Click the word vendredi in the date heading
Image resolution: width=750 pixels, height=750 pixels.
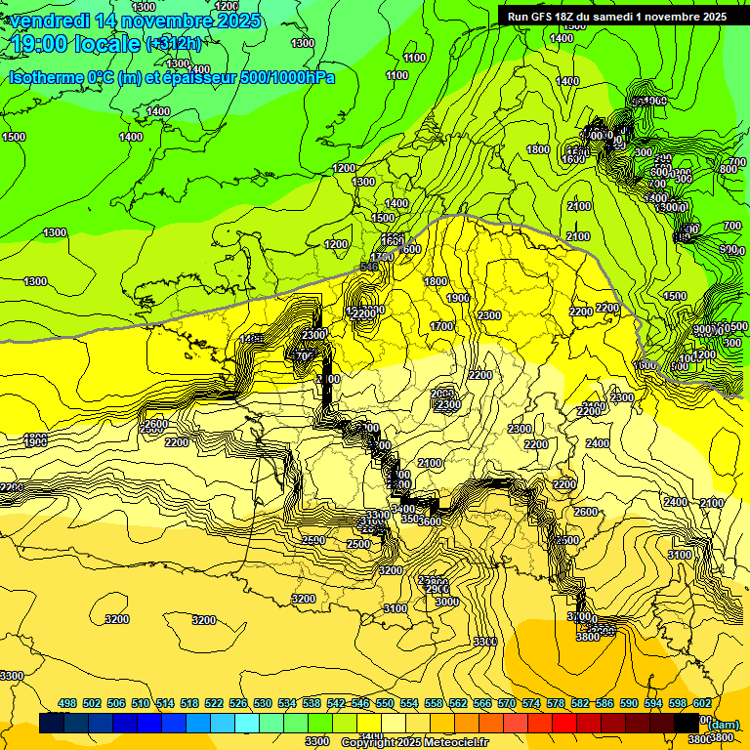coord(50,21)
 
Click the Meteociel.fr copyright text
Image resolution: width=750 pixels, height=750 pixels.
coord(444,743)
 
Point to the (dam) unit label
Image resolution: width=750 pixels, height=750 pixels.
coord(723,724)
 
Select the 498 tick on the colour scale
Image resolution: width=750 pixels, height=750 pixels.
coord(67,703)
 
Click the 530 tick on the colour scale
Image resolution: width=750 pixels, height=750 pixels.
coord(263,703)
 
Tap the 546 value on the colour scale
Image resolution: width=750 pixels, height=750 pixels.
coord(360,703)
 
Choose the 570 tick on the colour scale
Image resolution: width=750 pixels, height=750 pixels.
coord(507,703)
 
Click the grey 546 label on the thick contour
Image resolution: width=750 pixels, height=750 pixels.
coord(369,266)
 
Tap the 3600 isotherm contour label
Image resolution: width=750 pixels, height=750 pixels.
coord(431,521)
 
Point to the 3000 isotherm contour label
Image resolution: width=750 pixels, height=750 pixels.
coord(447,602)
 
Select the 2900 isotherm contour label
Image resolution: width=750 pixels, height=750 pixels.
coord(437,589)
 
